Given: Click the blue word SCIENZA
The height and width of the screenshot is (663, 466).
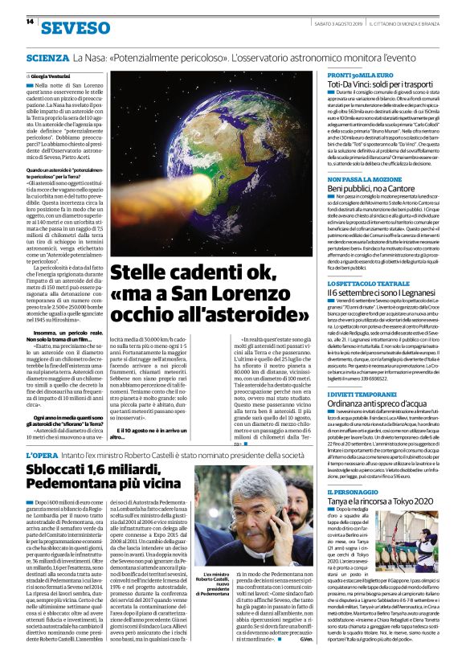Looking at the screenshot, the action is (x=47, y=59).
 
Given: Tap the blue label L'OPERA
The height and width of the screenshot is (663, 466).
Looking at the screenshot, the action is (x=40, y=456).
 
